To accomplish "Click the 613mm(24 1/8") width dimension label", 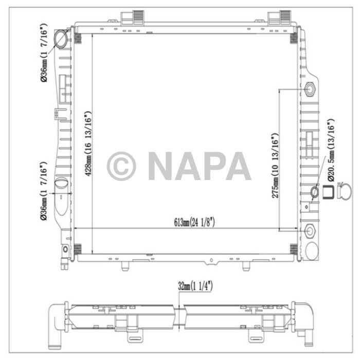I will [x=187, y=222].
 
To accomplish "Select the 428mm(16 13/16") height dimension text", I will [x=88, y=143].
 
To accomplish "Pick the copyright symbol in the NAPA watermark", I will [x=121, y=166].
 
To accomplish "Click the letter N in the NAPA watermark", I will [x=162, y=166].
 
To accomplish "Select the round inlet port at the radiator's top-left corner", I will [x=63, y=38].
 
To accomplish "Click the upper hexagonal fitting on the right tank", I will [x=311, y=88].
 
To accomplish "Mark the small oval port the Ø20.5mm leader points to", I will [x=315, y=192].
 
